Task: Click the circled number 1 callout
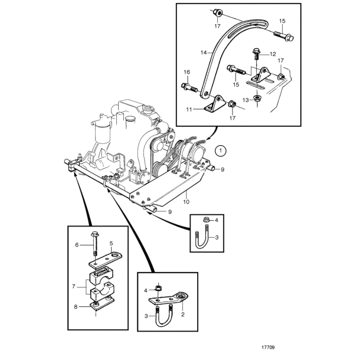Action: tap(220, 150)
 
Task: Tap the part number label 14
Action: tap(204, 53)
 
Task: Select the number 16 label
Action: tap(186, 72)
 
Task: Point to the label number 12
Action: tap(273, 54)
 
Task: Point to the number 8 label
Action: tap(76, 306)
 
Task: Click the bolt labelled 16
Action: tap(189, 88)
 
